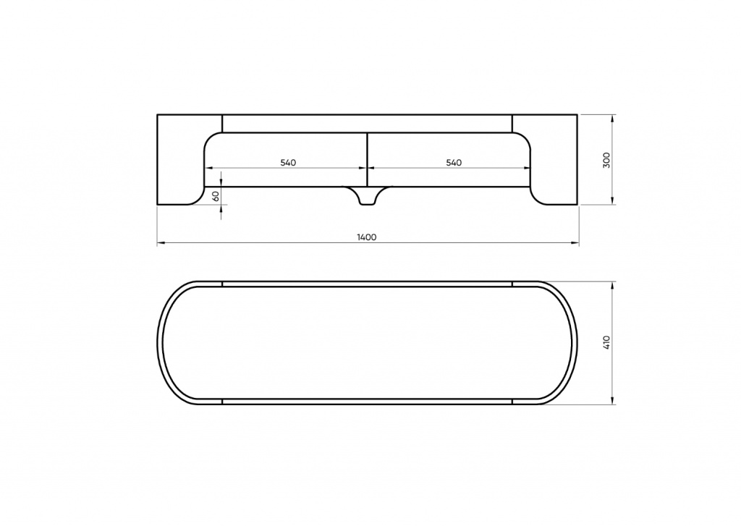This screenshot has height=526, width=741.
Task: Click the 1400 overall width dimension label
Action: pos(367,237)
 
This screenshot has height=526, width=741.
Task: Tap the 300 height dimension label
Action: pos(607,160)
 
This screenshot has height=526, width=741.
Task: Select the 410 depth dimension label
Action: pos(607,342)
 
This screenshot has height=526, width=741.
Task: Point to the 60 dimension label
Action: pos(216,196)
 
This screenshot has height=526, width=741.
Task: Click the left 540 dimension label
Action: pos(288,163)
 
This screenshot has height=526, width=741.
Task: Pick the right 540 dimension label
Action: pos(454,163)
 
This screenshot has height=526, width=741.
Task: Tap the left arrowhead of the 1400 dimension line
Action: pos(161,243)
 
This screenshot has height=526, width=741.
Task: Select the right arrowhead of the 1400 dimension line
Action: pos(575,243)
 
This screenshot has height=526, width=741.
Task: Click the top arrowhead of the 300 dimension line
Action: pos(612,118)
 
